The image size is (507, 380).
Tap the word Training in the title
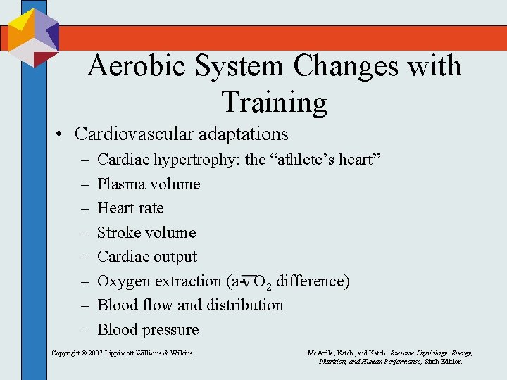point(275,102)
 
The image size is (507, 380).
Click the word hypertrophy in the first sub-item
point(200,160)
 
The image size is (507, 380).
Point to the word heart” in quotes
point(360,160)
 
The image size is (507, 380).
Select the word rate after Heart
point(151,208)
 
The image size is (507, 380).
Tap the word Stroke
point(118,233)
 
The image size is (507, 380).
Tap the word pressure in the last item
point(173,330)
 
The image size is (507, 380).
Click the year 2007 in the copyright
point(96,353)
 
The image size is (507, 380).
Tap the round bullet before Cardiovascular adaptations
point(62,134)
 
